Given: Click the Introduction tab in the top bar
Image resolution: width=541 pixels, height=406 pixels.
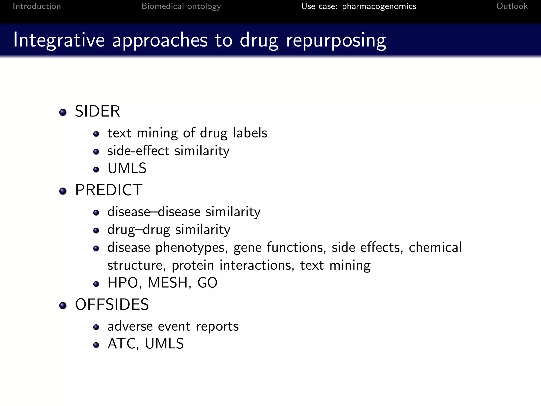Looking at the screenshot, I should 37,6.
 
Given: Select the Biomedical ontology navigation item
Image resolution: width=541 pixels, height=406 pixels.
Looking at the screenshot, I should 181,6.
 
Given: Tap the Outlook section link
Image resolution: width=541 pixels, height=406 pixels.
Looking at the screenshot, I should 512,6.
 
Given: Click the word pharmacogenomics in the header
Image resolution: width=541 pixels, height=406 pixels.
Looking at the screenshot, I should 379,6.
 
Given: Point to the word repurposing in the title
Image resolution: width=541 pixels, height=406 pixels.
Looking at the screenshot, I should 336,40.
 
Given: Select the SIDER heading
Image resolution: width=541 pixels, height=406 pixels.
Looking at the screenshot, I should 97,111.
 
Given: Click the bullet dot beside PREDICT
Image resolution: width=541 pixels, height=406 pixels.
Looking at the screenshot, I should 63,191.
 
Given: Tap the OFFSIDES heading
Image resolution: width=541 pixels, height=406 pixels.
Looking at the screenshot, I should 112,304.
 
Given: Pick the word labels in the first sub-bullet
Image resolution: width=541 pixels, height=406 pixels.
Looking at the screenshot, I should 250,133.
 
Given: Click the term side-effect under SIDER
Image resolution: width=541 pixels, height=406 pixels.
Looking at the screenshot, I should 138,151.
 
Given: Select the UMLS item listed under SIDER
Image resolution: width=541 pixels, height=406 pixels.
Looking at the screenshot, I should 127,168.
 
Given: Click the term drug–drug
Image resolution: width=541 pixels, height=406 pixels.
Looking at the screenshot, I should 138,230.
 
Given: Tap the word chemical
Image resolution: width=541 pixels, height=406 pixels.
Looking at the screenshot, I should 435,247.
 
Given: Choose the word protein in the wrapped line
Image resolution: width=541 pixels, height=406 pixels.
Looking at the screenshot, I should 193,265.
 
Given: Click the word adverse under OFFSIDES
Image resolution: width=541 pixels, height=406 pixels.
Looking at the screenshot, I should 130,326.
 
